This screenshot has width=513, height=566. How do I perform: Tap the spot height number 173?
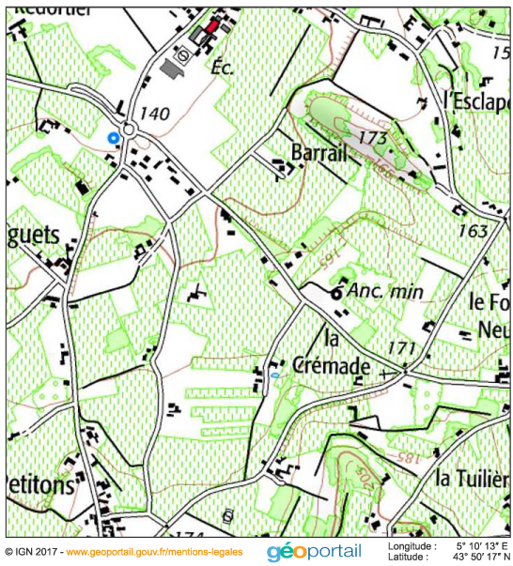[x=373, y=138]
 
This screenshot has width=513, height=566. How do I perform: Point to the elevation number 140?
[x=154, y=114]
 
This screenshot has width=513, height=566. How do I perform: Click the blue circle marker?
[x=114, y=137]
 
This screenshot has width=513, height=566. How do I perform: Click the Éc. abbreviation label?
[x=222, y=68]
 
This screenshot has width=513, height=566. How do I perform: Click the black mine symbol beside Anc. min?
[x=336, y=293]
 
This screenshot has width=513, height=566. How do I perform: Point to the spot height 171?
[x=401, y=348]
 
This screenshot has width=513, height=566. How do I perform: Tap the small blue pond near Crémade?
[x=273, y=375]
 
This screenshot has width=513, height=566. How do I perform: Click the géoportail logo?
[x=314, y=551]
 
